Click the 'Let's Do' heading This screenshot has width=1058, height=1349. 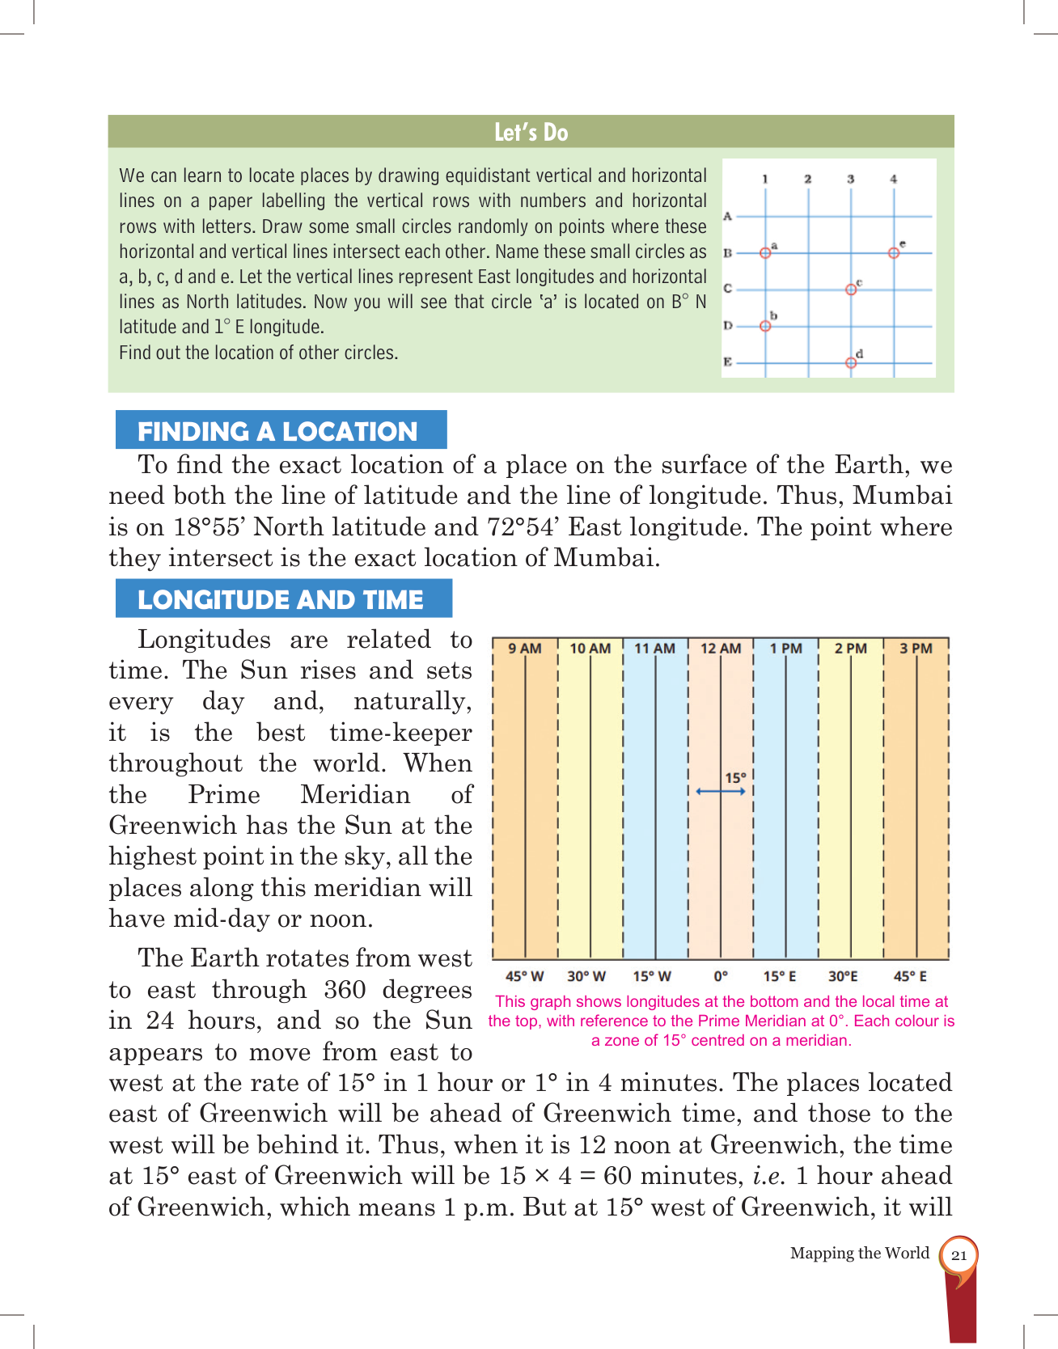click(531, 132)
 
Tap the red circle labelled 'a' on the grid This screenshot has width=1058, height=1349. click(765, 253)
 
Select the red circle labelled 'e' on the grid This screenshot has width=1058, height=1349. click(893, 253)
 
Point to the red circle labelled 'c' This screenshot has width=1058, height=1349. click(851, 290)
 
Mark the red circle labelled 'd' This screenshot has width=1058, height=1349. click(851, 363)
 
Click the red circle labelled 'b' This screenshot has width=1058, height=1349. click(765, 326)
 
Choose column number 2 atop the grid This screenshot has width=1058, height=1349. click(808, 179)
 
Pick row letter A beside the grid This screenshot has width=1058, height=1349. click(728, 216)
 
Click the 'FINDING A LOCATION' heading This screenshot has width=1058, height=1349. click(277, 431)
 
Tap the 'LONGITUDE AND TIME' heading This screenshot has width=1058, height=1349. click(281, 599)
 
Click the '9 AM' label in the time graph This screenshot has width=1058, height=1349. click(524, 649)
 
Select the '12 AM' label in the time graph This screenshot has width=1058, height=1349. click(720, 649)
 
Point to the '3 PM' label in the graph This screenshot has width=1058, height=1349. click(916, 649)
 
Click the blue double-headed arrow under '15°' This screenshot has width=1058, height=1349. click(721, 791)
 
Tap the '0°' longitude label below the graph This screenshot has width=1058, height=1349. click(721, 976)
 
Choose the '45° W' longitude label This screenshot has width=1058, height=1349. click(524, 976)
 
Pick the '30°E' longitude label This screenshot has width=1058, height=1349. click(843, 976)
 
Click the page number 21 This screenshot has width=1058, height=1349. click(959, 1255)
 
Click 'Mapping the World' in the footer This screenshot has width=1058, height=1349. click(859, 1253)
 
